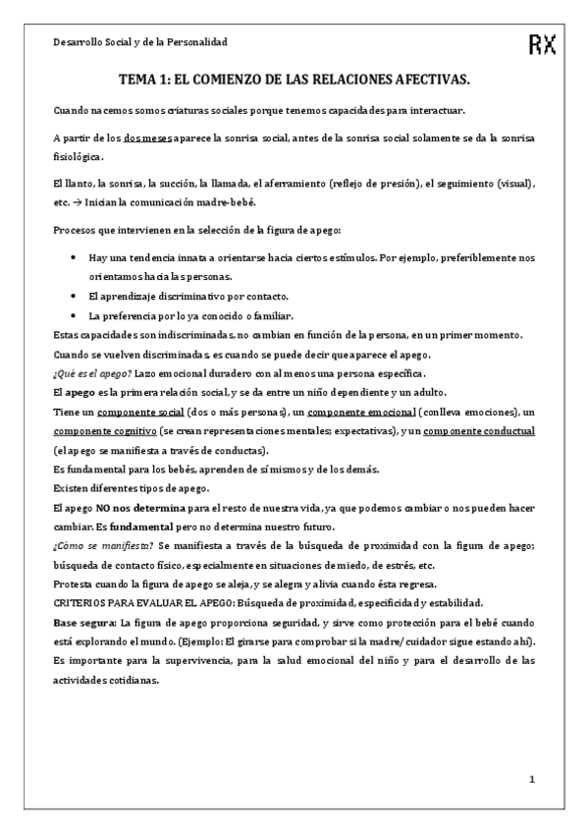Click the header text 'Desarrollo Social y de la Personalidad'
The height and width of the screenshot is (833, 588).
point(139,43)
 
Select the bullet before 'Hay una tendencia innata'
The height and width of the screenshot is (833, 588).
point(77,257)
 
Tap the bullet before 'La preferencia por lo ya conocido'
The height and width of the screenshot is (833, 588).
point(77,315)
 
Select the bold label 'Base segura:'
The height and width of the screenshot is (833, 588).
point(84,622)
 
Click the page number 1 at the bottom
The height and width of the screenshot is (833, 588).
point(531,780)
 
